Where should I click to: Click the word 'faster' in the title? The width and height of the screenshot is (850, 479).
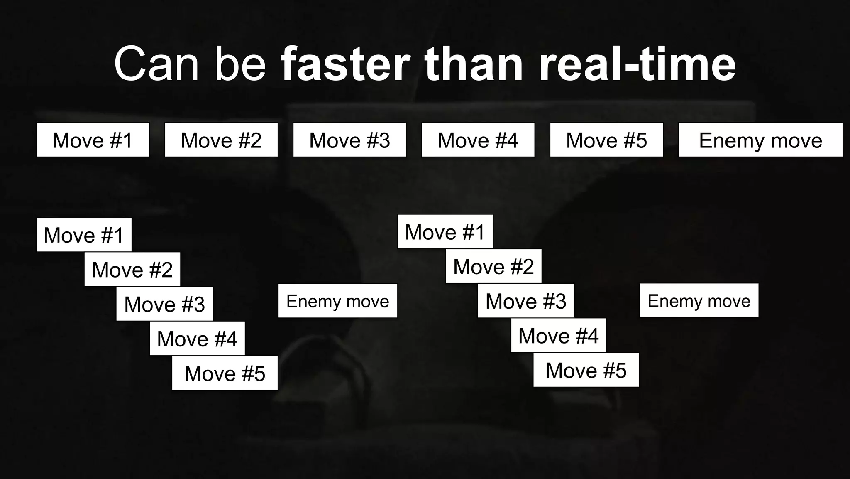pyautogui.click(x=345, y=64)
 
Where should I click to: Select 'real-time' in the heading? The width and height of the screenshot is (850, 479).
pyautogui.click(x=637, y=64)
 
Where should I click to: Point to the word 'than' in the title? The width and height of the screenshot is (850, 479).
pyautogui.click(x=473, y=64)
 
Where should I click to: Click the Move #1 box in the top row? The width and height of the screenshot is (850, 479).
pyautogui.click(x=93, y=140)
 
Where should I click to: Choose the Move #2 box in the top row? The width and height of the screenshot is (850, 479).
pyautogui.click(x=221, y=140)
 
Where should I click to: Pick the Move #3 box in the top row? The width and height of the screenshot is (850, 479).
pyautogui.click(x=349, y=140)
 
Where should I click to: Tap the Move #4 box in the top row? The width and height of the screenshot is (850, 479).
pyautogui.click(x=478, y=140)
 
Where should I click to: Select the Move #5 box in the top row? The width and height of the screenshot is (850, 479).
pyautogui.click(x=606, y=140)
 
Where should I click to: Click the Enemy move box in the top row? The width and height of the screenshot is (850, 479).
pyautogui.click(x=760, y=140)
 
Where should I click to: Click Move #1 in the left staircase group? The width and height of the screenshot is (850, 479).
pyautogui.click(x=84, y=235)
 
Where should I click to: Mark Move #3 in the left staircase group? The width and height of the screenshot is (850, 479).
pyautogui.click(x=164, y=304)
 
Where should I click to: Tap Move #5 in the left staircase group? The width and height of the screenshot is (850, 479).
pyautogui.click(x=225, y=373)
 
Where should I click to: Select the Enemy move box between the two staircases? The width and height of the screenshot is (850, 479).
pyautogui.click(x=337, y=301)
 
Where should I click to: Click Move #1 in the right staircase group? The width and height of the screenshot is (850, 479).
pyautogui.click(x=445, y=232)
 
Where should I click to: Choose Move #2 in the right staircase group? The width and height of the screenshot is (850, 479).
pyautogui.click(x=493, y=266)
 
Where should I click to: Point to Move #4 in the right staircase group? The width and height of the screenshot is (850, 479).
pyautogui.click(x=558, y=335)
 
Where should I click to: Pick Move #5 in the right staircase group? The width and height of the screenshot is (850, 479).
pyautogui.click(x=586, y=370)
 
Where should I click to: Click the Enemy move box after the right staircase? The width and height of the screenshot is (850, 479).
pyautogui.click(x=699, y=300)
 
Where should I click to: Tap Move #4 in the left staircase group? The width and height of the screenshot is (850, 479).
pyautogui.click(x=197, y=338)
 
